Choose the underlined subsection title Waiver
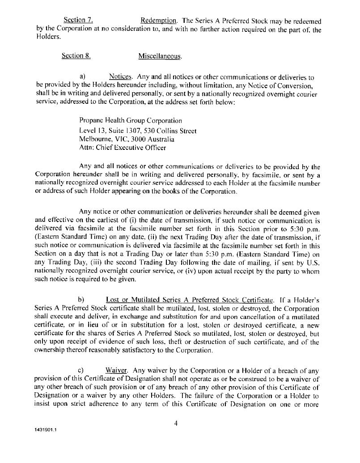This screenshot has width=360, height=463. click(117, 370)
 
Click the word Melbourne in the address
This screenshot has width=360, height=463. click(94, 140)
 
